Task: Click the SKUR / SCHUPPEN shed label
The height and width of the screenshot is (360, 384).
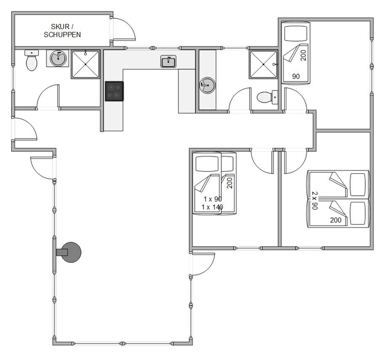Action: [x=62, y=30]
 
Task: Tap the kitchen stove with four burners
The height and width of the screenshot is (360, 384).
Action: [x=114, y=91]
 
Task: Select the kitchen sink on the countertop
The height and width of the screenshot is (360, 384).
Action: [x=168, y=62]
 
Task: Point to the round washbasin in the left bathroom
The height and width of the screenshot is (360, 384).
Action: [x=58, y=58]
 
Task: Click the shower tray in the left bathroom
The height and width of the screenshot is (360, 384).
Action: [x=85, y=64]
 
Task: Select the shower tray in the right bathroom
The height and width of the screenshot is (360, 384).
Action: [x=263, y=64]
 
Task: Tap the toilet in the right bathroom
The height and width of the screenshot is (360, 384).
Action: [x=267, y=97]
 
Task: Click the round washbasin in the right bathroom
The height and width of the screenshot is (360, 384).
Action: [x=207, y=85]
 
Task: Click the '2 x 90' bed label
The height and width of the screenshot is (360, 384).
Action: [x=315, y=200]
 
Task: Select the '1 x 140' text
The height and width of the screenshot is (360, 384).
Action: [x=212, y=207]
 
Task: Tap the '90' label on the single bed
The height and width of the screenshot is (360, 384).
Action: [x=296, y=77]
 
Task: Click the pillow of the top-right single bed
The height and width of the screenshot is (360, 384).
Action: [x=296, y=33]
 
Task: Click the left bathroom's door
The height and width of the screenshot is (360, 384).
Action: [x=48, y=97]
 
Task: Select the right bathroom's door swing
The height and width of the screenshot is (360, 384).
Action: [x=240, y=100]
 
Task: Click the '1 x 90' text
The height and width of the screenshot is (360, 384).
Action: [x=212, y=199]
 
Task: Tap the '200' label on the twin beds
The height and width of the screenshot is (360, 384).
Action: [x=335, y=220]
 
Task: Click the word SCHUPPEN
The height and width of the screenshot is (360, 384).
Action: [x=62, y=35]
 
